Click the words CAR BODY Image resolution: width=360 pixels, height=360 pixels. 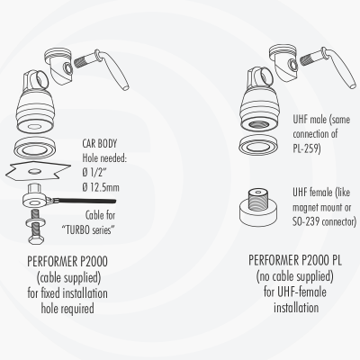pyautogui.click(x=100, y=144)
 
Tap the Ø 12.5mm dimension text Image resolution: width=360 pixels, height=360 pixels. pyautogui.click(x=101, y=187)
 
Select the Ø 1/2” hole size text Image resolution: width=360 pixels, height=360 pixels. pyautogui.click(x=94, y=173)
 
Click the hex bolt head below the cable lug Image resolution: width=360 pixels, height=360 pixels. pyautogui.click(x=36, y=239)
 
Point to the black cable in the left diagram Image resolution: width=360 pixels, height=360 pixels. pyautogui.click(x=85, y=201)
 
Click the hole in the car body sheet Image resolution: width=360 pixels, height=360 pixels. pyautogui.click(x=35, y=171)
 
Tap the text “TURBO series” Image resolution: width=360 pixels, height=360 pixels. pyautogui.click(x=88, y=229)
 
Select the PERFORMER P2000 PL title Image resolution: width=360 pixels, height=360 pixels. pyautogui.click(x=295, y=260)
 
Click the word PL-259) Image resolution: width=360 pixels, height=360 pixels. pyautogui.click(x=307, y=148)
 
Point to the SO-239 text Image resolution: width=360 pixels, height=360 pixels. pyautogui.click(x=304, y=221)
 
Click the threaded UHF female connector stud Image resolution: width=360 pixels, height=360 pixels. pyautogui.click(x=258, y=200)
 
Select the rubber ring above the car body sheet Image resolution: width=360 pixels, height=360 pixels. pyautogui.click(x=35, y=148)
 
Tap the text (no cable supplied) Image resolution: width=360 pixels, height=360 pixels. pyautogui.click(x=295, y=276)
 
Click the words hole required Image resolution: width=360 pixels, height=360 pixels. pyautogui.click(x=67, y=308)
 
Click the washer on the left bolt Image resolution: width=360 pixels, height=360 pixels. pyautogui.click(x=36, y=222)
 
